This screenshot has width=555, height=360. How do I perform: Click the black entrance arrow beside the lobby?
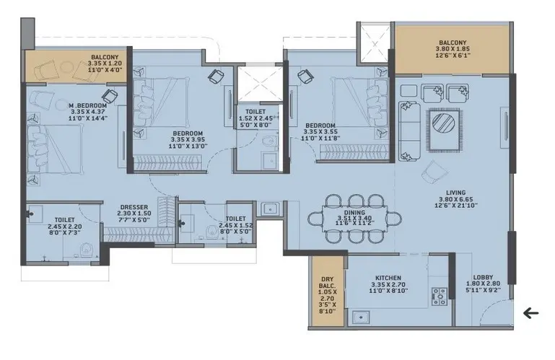tap(531, 313)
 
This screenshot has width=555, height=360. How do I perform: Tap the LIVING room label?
tap(455, 193)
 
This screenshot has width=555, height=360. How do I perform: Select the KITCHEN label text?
tap(388, 278)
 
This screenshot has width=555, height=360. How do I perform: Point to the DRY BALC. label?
tap(328, 282)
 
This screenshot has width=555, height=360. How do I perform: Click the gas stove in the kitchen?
tap(440, 297)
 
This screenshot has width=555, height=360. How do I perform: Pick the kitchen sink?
tap(361, 317)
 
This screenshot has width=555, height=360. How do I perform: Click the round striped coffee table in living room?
tap(444, 123)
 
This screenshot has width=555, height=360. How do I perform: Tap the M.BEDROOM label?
tap(88, 105)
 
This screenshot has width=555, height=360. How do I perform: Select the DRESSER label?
tap(134, 208)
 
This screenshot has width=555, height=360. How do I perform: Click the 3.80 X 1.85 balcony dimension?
tap(453, 49)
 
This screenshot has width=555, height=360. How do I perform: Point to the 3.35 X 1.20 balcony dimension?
tap(105, 63)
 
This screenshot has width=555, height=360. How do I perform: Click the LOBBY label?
tap(483, 278)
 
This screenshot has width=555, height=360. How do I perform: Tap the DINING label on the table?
tap(354, 213)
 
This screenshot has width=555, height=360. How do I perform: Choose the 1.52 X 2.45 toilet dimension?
tap(255, 118)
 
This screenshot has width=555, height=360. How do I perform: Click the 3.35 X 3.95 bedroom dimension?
tap(188, 140)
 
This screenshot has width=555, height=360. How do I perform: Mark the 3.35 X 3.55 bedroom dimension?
tap(320, 132)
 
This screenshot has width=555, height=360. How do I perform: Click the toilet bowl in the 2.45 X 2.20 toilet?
tap(87, 250)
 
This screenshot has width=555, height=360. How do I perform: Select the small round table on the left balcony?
tap(66, 66)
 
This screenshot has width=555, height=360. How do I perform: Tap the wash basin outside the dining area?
tap(270, 208)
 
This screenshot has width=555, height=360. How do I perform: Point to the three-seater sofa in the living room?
tap(409, 131)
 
